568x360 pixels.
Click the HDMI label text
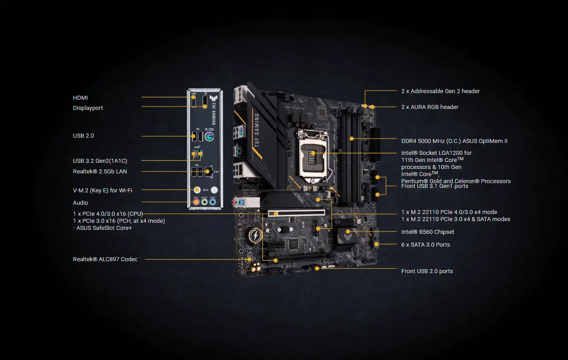tap(80, 97)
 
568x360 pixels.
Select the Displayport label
tap(88, 108)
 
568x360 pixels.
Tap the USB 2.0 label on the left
tap(83, 135)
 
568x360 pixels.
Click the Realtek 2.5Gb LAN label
tap(100, 171)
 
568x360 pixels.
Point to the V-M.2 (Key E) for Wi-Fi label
tap(102, 190)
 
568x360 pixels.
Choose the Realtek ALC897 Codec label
tap(105, 259)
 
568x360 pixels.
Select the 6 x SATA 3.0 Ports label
tap(425, 244)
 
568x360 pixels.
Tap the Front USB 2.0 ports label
tap(427, 271)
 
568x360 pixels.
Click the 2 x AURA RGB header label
tap(429, 107)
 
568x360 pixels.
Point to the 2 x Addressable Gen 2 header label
tap(440, 91)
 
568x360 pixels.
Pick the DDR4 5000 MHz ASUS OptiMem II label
tap(454, 141)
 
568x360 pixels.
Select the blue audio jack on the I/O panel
tap(213, 202)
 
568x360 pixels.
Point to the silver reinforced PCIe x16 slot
tap(296, 213)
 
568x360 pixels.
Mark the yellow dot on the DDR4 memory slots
tap(352, 139)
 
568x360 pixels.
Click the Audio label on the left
tap(80, 202)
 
